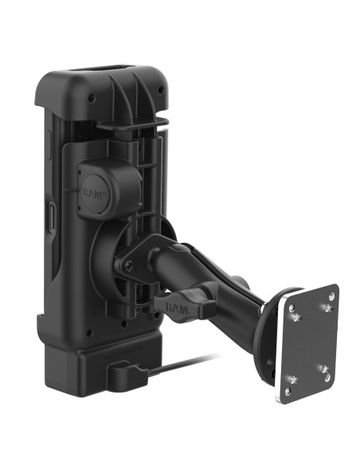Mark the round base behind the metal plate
click(267, 334)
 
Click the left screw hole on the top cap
click(90, 99)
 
